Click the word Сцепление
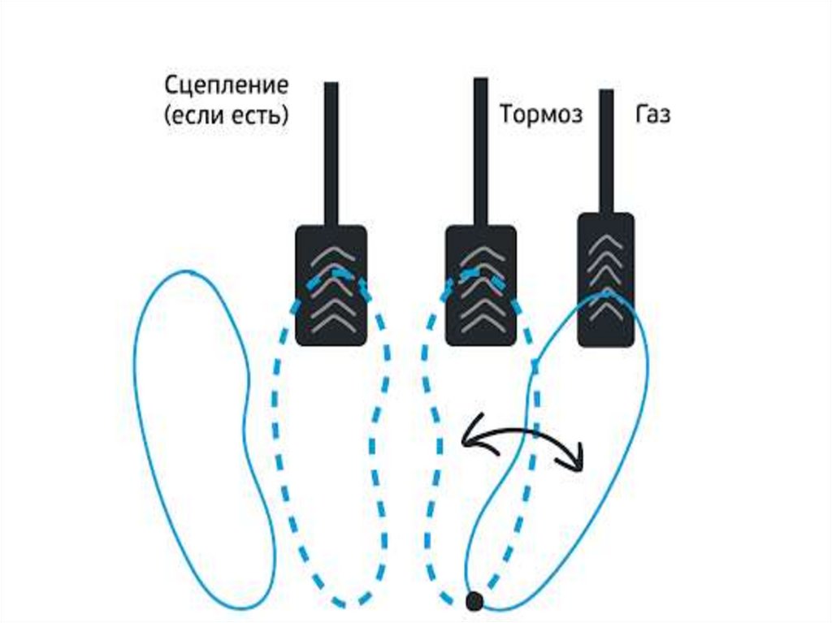coord(226,85)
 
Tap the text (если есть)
coord(226,116)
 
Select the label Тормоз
coord(541,115)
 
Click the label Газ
coord(652,115)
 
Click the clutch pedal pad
coord(331,285)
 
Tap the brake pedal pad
coord(481,285)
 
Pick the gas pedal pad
coord(605,279)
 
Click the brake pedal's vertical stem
coord(481,150)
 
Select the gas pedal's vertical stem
coord(606,150)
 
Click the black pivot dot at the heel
coord(474,600)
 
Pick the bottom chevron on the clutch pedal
coord(331,322)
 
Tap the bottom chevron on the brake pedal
coord(481,322)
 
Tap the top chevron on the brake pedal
coord(481,253)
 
